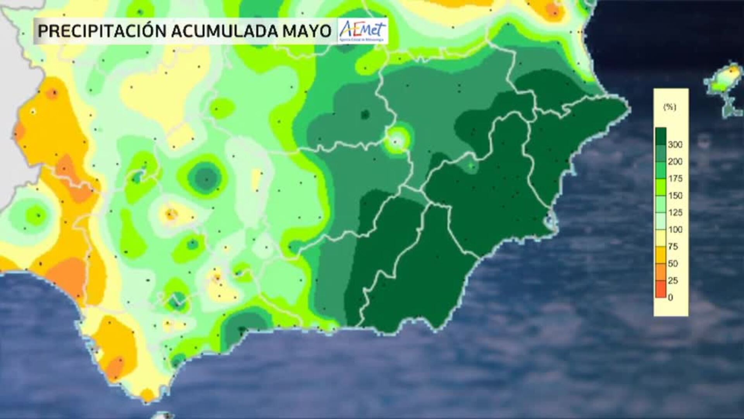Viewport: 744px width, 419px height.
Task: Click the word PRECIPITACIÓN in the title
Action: click(102, 31)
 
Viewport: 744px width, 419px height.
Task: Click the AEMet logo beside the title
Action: click(363, 31)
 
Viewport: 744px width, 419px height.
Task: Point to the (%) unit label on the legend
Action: click(670, 107)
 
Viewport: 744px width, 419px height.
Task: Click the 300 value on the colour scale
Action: click(675, 145)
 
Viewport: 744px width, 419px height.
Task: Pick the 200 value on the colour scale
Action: click(675, 161)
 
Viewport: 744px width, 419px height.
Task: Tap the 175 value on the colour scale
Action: click(675, 178)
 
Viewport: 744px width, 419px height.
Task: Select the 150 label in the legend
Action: click(675, 196)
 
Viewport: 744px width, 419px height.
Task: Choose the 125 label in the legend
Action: click(675, 213)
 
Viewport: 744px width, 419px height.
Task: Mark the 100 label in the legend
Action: click(675, 229)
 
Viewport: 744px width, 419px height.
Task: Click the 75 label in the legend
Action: click(673, 246)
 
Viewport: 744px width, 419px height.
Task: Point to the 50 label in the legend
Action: click(673, 263)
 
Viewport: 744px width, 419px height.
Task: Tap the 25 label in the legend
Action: click(673, 280)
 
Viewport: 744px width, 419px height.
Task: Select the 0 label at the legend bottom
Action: click(671, 298)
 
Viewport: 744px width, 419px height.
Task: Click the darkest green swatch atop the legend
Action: click(661, 136)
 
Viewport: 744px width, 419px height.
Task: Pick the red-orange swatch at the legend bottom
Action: click(661, 289)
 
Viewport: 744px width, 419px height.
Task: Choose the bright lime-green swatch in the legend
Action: click(661, 187)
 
